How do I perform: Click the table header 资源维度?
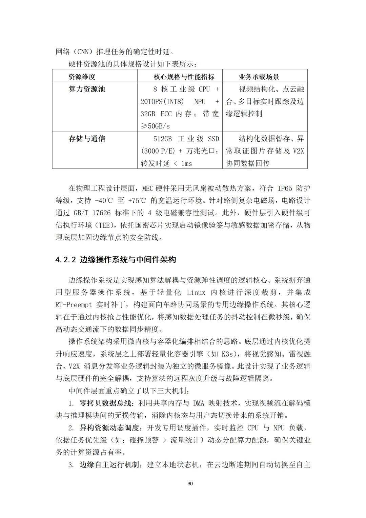point(82,77)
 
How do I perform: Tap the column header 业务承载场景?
point(259,77)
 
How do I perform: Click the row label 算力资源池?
point(87,89)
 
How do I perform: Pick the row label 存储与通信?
point(87,139)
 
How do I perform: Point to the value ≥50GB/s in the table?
point(155,126)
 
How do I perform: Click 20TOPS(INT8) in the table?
point(162,102)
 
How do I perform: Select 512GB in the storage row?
point(163,139)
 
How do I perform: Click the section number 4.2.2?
point(65,260)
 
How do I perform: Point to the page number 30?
point(190,483)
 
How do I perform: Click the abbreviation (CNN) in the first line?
point(83,52)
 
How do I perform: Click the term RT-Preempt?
point(74,304)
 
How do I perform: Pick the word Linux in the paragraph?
point(196,292)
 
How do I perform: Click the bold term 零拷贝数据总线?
point(107,403)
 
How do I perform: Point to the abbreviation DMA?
point(199,403)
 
